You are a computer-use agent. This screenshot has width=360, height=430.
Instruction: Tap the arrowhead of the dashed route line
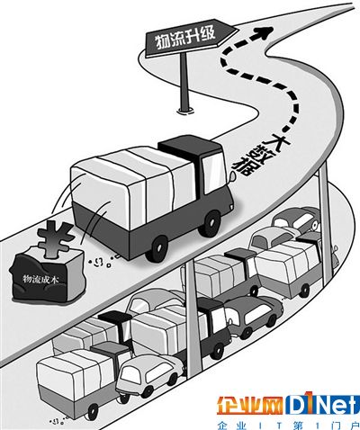263,32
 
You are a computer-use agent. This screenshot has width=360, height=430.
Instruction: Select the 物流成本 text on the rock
41,280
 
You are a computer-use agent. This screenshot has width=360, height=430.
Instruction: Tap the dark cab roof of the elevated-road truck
190,148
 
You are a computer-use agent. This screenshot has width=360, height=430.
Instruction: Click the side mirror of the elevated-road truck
232,177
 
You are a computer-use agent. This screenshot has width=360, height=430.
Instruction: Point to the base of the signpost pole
185,111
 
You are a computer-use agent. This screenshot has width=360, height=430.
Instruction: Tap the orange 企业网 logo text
250,407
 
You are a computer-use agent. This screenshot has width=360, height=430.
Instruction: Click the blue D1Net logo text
322,406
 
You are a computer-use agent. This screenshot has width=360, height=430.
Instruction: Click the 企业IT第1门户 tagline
288,426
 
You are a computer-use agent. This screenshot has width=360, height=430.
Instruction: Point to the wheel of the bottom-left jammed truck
93,411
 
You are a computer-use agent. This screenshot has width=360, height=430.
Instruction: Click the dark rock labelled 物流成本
48,276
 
